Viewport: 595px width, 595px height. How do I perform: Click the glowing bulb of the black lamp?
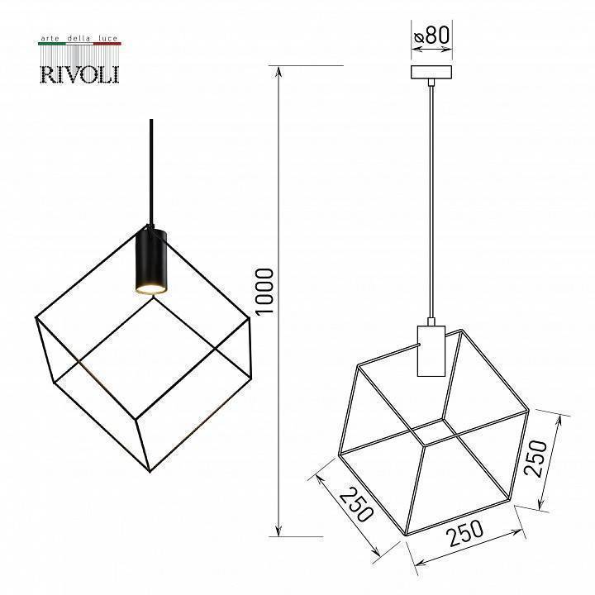point(150,287)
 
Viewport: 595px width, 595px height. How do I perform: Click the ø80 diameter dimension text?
point(432,36)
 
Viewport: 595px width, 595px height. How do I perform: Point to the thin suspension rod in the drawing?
point(431,198)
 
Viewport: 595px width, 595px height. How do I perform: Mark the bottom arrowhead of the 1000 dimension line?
point(279,530)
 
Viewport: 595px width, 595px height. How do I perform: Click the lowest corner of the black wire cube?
point(150,472)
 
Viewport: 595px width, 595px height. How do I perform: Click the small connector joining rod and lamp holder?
point(431,320)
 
